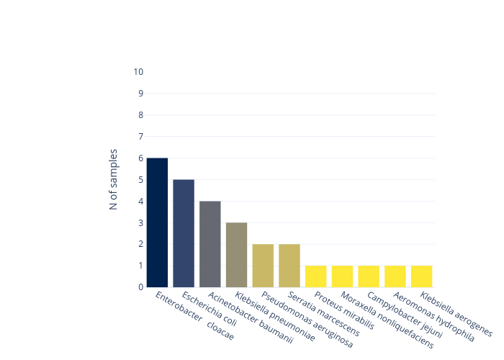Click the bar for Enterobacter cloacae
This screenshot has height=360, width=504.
pos(157,222)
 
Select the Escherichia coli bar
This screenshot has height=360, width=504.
pos(184,233)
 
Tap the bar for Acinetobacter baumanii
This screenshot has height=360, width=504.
pos(210,244)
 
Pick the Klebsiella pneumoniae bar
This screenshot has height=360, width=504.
pos(236,255)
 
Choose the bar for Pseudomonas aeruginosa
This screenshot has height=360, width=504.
pos(263,266)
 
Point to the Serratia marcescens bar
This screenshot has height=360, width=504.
pos(289,266)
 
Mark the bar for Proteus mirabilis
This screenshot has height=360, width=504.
pos(315,276)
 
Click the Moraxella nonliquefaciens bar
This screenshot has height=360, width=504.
pos(342,276)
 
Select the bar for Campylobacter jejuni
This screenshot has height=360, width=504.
pos(369,276)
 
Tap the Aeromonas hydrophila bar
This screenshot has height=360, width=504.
pos(395,276)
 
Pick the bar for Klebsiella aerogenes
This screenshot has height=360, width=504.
pos(421,276)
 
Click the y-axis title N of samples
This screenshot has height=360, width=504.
pos(114,179)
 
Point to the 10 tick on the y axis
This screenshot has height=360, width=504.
pos(138,72)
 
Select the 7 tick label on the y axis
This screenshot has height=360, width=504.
pos(140,137)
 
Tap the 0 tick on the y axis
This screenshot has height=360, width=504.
pos(140,287)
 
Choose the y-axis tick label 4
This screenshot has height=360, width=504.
pos(140,201)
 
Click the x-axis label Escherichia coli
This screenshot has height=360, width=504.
pos(210,310)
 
